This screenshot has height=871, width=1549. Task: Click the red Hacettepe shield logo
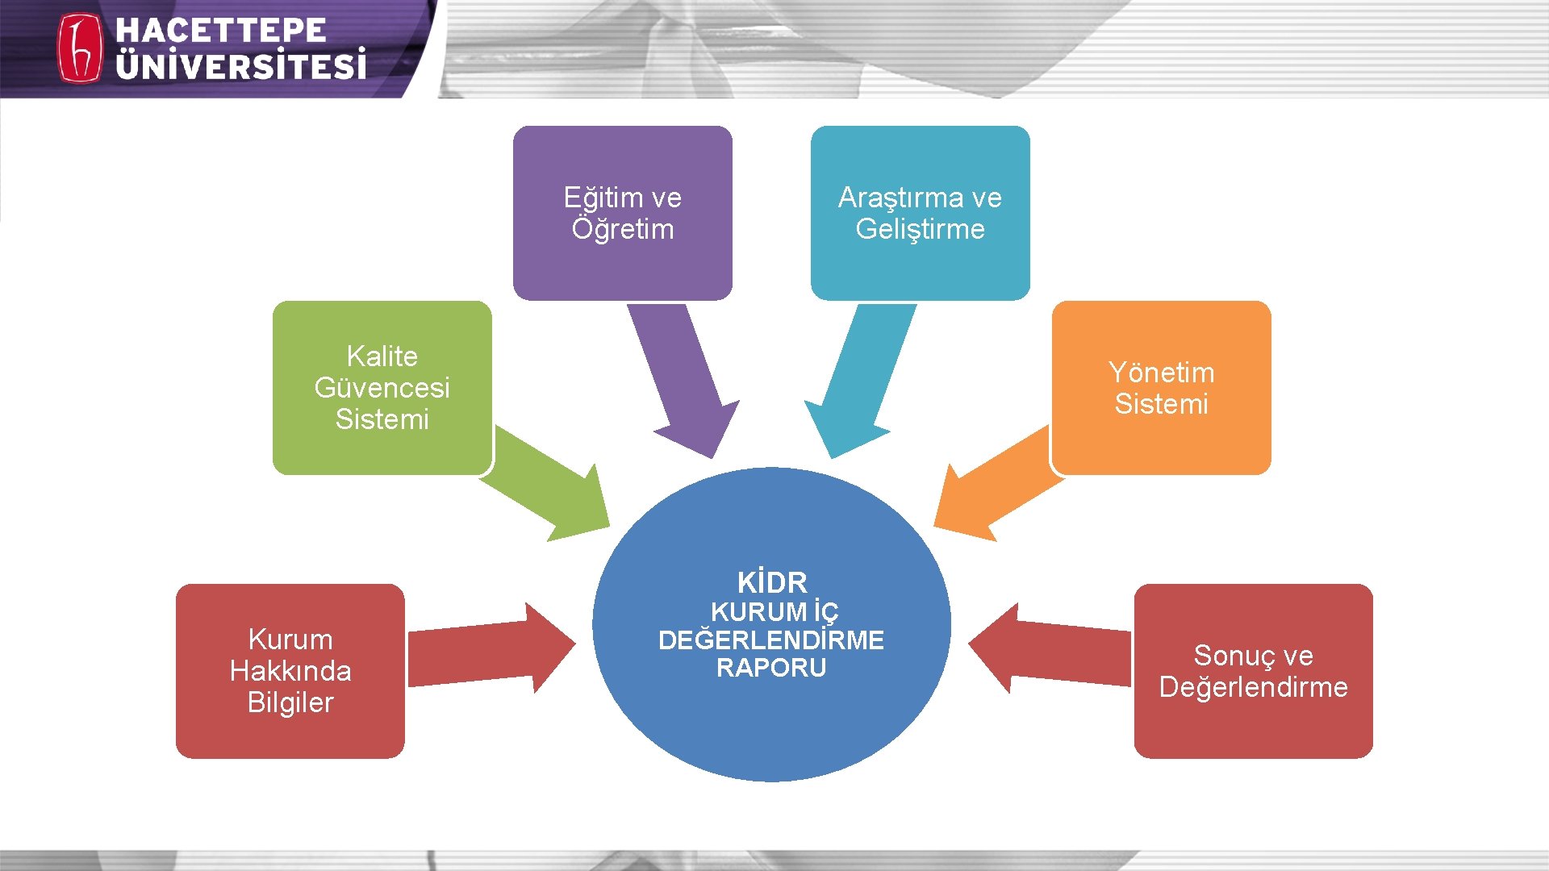(x=79, y=48)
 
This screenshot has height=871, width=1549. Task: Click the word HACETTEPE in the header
(x=220, y=31)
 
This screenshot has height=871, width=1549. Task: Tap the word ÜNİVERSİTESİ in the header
(x=240, y=65)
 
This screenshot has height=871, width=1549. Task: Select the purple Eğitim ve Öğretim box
(x=622, y=213)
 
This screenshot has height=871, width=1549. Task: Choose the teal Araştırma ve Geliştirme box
(x=920, y=213)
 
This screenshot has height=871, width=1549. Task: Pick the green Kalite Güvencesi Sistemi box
(x=382, y=387)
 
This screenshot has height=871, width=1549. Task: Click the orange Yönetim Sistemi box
(x=1161, y=388)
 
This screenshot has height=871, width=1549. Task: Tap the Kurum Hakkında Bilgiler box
(x=290, y=671)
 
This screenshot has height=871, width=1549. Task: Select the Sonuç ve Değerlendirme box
(x=1253, y=671)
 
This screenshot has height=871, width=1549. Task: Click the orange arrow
(x=996, y=488)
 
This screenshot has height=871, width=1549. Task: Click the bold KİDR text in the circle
(x=771, y=582)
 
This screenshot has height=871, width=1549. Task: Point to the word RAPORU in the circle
(x=771, y=668)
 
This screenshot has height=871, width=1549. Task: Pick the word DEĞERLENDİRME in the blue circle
(x=771, y=640)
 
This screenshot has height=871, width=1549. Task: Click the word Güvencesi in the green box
(x=382, y=388)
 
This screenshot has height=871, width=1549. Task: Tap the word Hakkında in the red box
(x=290, y=671)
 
